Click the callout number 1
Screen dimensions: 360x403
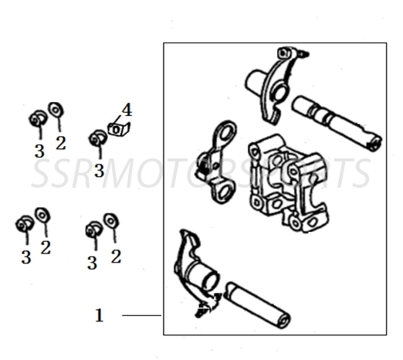[99, 315]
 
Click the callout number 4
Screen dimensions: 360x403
[127, 110]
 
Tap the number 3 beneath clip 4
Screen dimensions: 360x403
[99, 169]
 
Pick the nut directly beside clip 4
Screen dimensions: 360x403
[97, 140]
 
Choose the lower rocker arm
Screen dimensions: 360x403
[193, 267]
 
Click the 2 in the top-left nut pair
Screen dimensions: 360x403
[61, 142]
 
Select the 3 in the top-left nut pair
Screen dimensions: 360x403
[39, 151]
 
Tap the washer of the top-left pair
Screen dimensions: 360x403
[56, 110]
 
